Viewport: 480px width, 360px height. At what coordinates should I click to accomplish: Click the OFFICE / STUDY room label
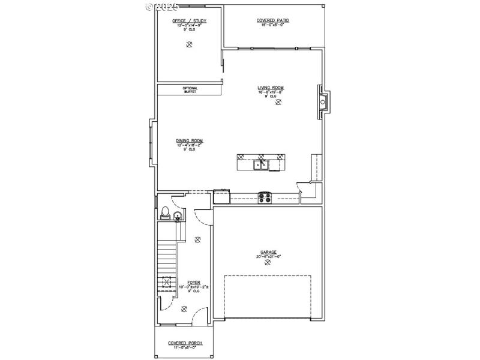(190, 20)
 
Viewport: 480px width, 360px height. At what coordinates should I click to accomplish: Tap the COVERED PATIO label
(273, 20)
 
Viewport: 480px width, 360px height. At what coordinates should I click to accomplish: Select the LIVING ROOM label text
(271, 88)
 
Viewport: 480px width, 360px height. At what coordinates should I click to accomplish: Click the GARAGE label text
(268, 252)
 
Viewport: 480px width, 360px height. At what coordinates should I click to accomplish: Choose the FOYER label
(193, 281)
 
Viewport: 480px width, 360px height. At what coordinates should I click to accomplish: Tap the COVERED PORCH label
(185, 343)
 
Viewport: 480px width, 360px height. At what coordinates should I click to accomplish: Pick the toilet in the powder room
(164, 212)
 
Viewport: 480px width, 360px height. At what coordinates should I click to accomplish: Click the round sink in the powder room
(178, 217)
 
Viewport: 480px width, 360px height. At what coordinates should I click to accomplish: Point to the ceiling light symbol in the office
(190, 44)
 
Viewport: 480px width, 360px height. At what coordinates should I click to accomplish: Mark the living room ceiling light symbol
(278, 103)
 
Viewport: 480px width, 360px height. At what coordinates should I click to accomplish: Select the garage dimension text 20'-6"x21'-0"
(268, 257)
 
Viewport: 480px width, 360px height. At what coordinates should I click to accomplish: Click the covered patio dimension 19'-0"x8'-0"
(273, 25)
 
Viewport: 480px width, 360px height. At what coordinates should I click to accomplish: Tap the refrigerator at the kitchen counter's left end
(221, 196)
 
